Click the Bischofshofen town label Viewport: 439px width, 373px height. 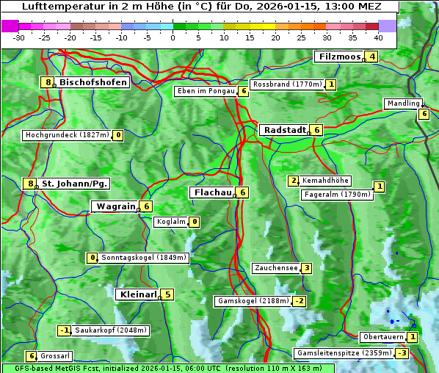coord(93,82)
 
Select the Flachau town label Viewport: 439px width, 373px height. coord(211,192)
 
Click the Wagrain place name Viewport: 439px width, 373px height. coord(115,207)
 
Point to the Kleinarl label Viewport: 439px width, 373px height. coord(137,294)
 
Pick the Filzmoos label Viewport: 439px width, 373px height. coord(340,57)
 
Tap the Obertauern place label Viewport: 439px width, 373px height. coord(382,338)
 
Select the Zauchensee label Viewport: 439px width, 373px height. coord(275,268)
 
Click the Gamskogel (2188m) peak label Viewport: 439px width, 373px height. coord(253,301)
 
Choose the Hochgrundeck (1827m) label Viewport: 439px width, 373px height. coord(67,135)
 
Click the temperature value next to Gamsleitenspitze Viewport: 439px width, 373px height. coord(402,353)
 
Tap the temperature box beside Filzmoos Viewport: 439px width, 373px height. coord(372,57)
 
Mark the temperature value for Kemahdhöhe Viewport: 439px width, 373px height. coord(294,181)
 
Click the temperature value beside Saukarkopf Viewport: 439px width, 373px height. coord(65,330)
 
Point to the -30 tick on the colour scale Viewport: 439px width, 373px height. coord(19,37)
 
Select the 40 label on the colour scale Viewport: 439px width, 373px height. coord(378,37)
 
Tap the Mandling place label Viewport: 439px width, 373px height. coord(402,104)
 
